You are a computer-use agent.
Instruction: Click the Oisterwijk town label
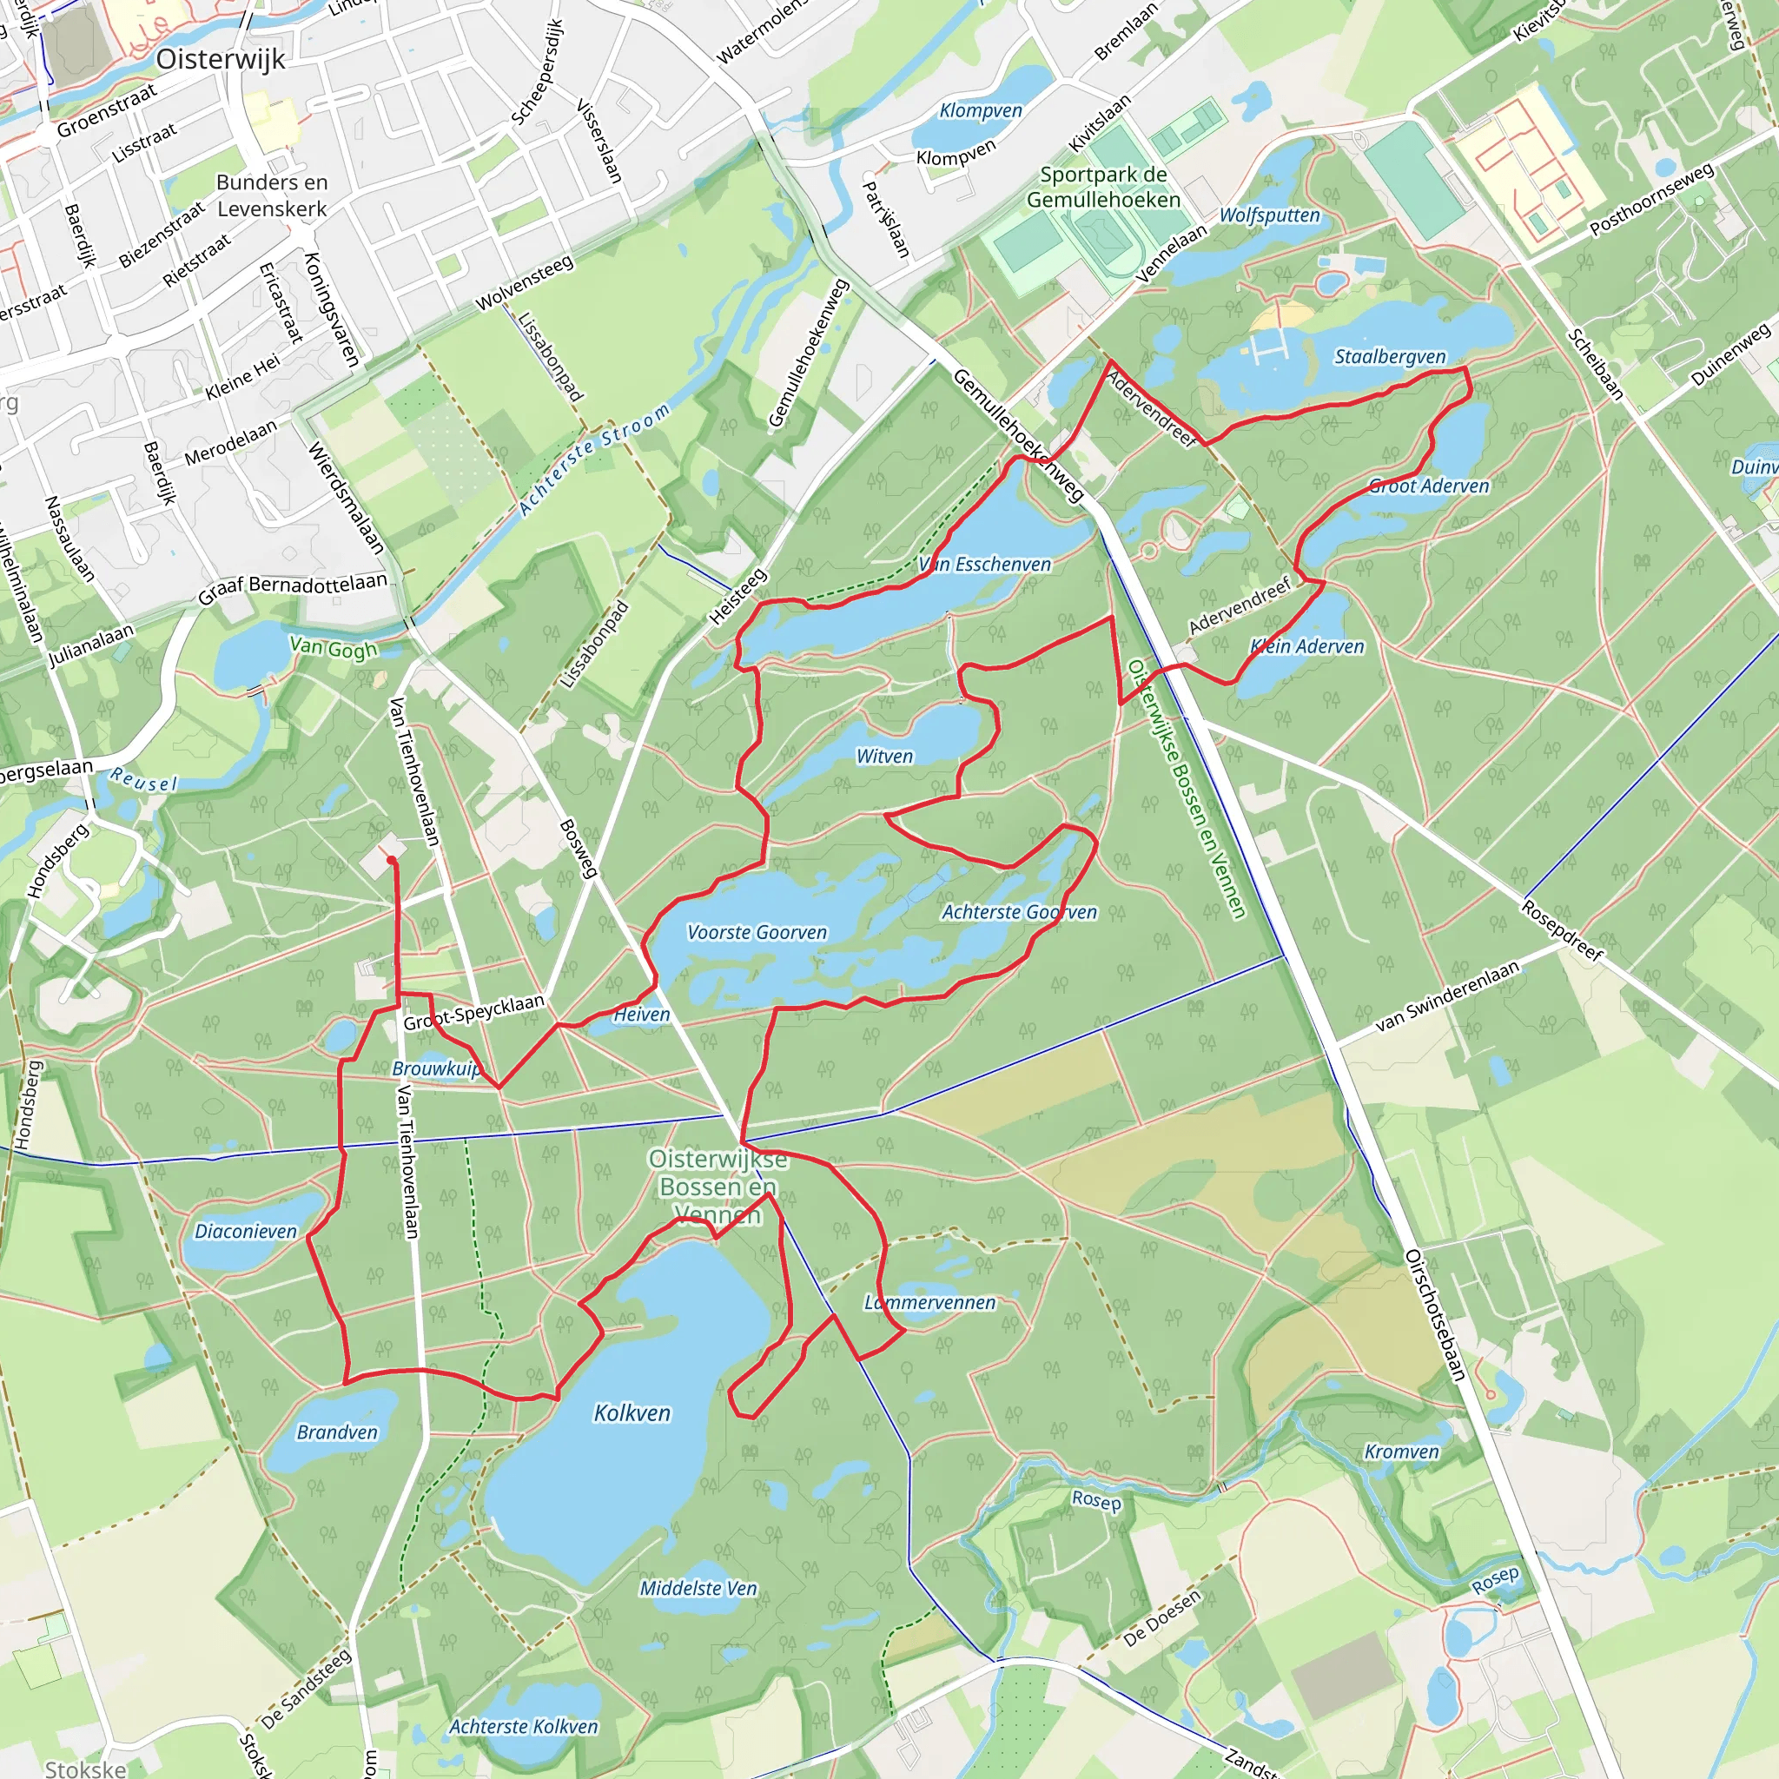coord(220,59)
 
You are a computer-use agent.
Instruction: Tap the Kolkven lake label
coord(632,1412)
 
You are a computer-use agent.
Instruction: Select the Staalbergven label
coord(1390,356)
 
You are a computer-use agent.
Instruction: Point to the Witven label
coord(884,756)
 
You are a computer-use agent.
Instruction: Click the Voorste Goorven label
coord(757,932)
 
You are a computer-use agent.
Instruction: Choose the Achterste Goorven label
coord(1018,911)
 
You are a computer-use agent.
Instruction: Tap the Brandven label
coord(337,1432)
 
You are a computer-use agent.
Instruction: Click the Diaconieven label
coord(246,1231)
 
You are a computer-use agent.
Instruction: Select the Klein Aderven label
coord(1306,646)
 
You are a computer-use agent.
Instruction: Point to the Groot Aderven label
coord(1428,486)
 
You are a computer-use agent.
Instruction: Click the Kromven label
coord(1400,1452)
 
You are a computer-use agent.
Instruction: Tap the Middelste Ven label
coord(698,1588)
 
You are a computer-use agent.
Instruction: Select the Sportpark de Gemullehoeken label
coord(1103,187)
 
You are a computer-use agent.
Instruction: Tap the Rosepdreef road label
coord(1562,930)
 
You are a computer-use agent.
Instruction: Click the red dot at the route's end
coord(392,860)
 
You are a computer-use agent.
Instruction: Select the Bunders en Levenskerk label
coord(272,195)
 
